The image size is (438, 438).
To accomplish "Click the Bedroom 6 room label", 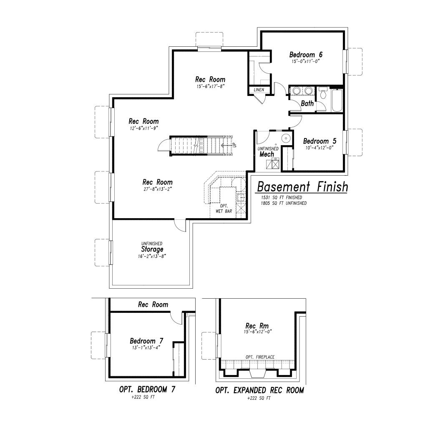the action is click(306, 55).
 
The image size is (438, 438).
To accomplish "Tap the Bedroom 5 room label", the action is click(320, 141).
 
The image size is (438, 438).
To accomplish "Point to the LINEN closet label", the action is click(259, 90).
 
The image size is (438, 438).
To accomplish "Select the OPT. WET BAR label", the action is click(224, 209).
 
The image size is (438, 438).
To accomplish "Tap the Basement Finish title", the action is click(302, 186).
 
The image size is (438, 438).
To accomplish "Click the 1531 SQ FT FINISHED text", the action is click(281, 197).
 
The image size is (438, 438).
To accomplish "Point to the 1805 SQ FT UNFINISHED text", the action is click(284, 203).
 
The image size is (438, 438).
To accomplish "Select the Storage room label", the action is click(152, 249).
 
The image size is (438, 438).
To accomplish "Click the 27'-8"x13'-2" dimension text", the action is click(158, 189).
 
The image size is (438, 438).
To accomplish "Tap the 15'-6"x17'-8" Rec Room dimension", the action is click(210, 86).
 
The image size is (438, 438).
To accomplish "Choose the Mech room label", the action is click(267, 154).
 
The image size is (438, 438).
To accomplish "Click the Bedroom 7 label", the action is click(146, 341).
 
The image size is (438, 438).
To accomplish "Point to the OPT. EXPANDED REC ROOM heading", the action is click(259, 390).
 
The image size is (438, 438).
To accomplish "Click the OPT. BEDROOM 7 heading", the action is click(147, 389).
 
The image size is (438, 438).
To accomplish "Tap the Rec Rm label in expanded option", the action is click(257, 326).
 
